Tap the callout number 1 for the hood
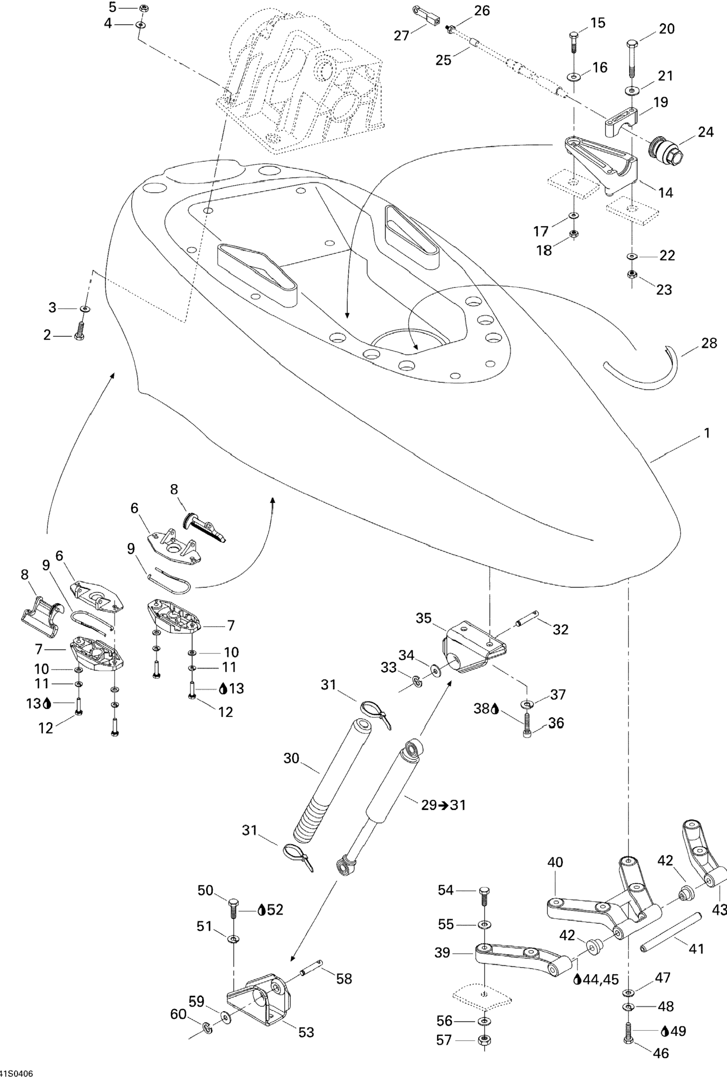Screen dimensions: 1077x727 [x=707, y=433]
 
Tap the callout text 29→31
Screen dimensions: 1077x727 [x=443, y=805]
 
